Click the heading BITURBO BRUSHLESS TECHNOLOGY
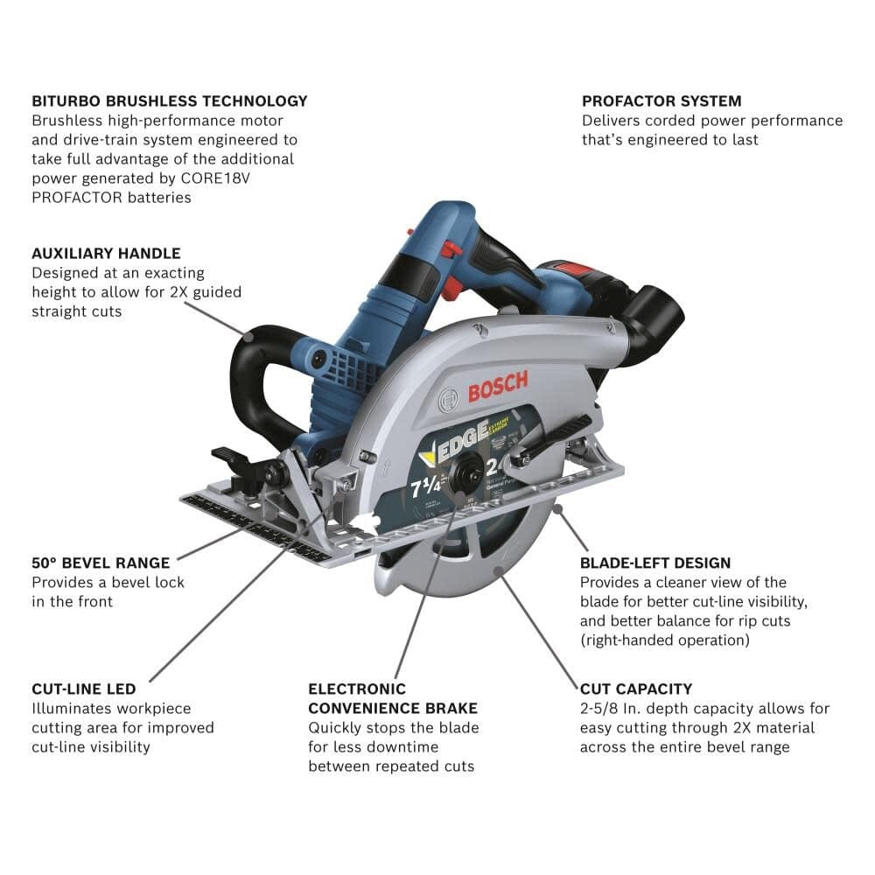tap(170, 101)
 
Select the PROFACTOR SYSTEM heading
tap(661, 101)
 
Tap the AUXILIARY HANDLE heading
tap(106, 253)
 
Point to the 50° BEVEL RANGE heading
tap(101, 563)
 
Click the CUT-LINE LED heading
tap(90, 689)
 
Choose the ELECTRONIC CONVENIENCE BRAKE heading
tap(393, 698)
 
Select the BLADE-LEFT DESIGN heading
tap(655, 563)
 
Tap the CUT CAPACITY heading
tap(636, 689)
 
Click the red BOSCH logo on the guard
tap(497, 386)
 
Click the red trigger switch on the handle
tap(452, 250)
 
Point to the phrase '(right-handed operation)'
tap(664, 640)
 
